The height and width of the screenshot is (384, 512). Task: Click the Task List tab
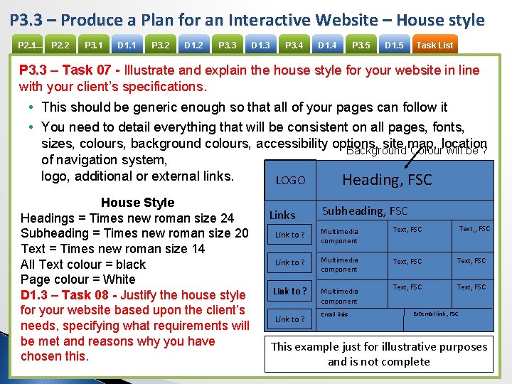tap(434, 46)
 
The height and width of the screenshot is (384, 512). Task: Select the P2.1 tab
tap(27, 46)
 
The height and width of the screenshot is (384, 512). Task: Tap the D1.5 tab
tap(394, 46)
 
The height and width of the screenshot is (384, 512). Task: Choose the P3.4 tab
tap(294, 46)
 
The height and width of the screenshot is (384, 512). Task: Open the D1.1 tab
tap(127, 46)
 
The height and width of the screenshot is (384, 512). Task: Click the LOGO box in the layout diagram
tap(290, 181)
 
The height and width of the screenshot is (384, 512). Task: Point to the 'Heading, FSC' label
tap(387, 180)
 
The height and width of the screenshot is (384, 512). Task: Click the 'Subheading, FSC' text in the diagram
tap(365, 210)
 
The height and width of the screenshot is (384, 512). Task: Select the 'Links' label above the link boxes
tap(282, 215)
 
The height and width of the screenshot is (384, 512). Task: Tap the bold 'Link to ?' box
tap(290, 291)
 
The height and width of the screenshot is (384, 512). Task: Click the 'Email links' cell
tap(334, 314)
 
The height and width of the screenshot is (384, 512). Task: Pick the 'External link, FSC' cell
tap(435, 314)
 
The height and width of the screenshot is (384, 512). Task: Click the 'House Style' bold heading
tap(137, 203)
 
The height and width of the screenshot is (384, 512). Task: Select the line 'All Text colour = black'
tap(83, 264)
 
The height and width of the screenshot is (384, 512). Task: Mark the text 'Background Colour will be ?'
tap(416, 151)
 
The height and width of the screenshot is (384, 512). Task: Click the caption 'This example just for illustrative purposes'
tap(379, 346)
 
